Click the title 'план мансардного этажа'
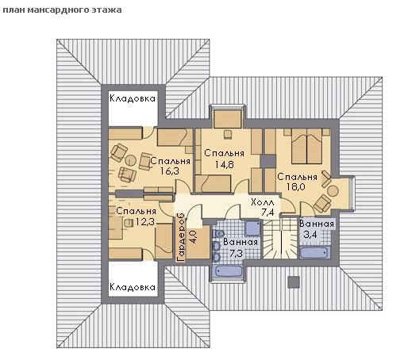pyautogui.click(x=62, y=10)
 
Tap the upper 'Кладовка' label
pyautogui.click(x=133, y=98)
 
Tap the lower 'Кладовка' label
pyautogui.click(x=133, y=287)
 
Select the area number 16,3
pyautogui.click(x=170, y=171)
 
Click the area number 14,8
pyautogui.click(x=224, y=165)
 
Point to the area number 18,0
pyautogui.click(x=296, y=187)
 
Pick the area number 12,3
pyautogui.click(x=144, y=221)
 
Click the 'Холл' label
pyautogui.click(x=263, y=202)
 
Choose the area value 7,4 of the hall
pyautogui.click(x=267, y=212)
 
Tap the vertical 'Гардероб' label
pyautogui.click(x=181, y=238)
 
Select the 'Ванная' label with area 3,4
pyautogui.click(x=317, y=224)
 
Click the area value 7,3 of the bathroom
pyautogui.click(x=236, y=254)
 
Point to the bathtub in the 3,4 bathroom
pyautogui.click(x=314, y=252)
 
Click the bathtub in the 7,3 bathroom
pyautogui.click(x=229, y=271)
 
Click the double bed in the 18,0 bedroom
pyautogui.click(x=306, y=146)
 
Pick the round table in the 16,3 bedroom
pyautogui.click(x=130, y=160)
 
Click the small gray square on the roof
pyautogui.click(x=294, y=281)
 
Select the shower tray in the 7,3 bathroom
pyautogui.click(x=252, y=228)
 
